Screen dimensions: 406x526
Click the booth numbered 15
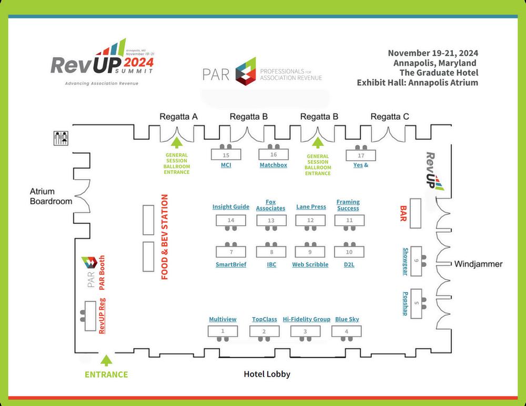tap(226, 155)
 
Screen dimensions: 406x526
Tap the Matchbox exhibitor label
tap(274, 165)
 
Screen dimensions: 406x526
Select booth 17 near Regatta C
tap(361, 155)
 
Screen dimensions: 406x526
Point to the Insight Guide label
tap(231, 207)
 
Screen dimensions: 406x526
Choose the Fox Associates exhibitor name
tap(270, 205)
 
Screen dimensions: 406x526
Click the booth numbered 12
tap(310, 221)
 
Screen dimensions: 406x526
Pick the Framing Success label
tap(348, 205)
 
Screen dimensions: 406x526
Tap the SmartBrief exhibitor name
tap(231, 265)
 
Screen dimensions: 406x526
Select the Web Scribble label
tap(310, 265)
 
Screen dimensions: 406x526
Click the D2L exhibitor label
tap(349, 265)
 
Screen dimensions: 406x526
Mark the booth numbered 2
tap(264, 331)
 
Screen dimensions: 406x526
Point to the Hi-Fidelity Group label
tap(307, 319)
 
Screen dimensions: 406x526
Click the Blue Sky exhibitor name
tap(347, 319)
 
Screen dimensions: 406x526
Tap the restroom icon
tap(62, 138)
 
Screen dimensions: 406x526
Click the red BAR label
tap(404, 214)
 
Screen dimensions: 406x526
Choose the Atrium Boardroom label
tap(51, 196)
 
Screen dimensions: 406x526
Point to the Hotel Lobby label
tap(267, 374)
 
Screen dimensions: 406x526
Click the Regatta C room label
tap(389, 117)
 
